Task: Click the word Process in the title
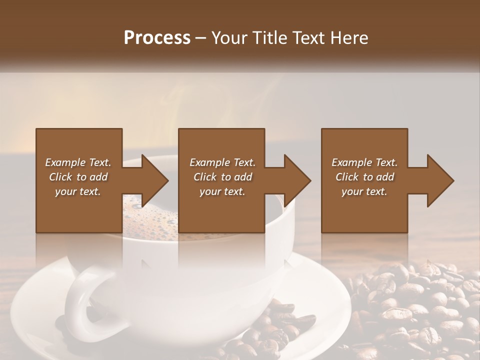157,38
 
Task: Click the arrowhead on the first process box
152,180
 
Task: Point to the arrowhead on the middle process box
295,180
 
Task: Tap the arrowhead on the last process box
438,180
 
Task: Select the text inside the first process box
78,177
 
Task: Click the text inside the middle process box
222,177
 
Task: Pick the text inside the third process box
364,177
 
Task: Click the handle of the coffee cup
82,300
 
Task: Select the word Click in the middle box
205,177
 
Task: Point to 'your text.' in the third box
364,191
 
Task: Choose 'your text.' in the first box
78,191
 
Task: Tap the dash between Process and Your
201,38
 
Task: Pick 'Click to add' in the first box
78,177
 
